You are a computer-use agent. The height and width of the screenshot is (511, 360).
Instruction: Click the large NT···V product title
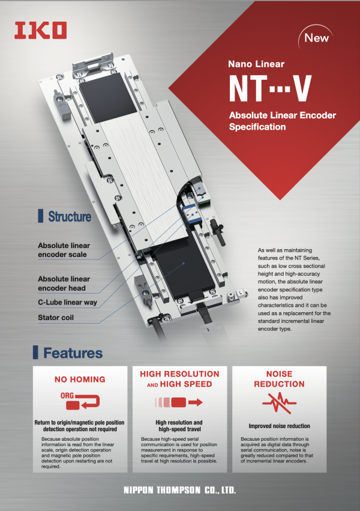pos(270,89)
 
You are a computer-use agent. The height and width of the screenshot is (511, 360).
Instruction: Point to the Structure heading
pos(70,217)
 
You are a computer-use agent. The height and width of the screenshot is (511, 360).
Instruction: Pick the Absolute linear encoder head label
pos(64,283)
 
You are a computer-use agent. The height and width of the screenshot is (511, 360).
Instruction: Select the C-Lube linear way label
pos(67,302)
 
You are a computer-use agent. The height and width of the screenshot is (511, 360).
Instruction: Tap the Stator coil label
pos(56,317)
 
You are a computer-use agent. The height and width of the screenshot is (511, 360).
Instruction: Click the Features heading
pos(73,353)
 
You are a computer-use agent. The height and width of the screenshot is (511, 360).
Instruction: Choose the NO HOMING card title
pos(80,379)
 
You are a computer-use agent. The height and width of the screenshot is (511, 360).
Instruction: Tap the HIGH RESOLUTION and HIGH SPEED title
pos(179,379)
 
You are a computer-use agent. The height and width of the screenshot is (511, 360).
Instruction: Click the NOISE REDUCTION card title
pos(279,379)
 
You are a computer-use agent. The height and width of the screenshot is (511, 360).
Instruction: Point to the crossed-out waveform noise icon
pos(279,402)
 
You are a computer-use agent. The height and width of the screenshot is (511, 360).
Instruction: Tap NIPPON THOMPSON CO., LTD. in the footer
pos(179,491)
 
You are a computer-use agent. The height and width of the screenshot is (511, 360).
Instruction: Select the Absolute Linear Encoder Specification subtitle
pos(282,121)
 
